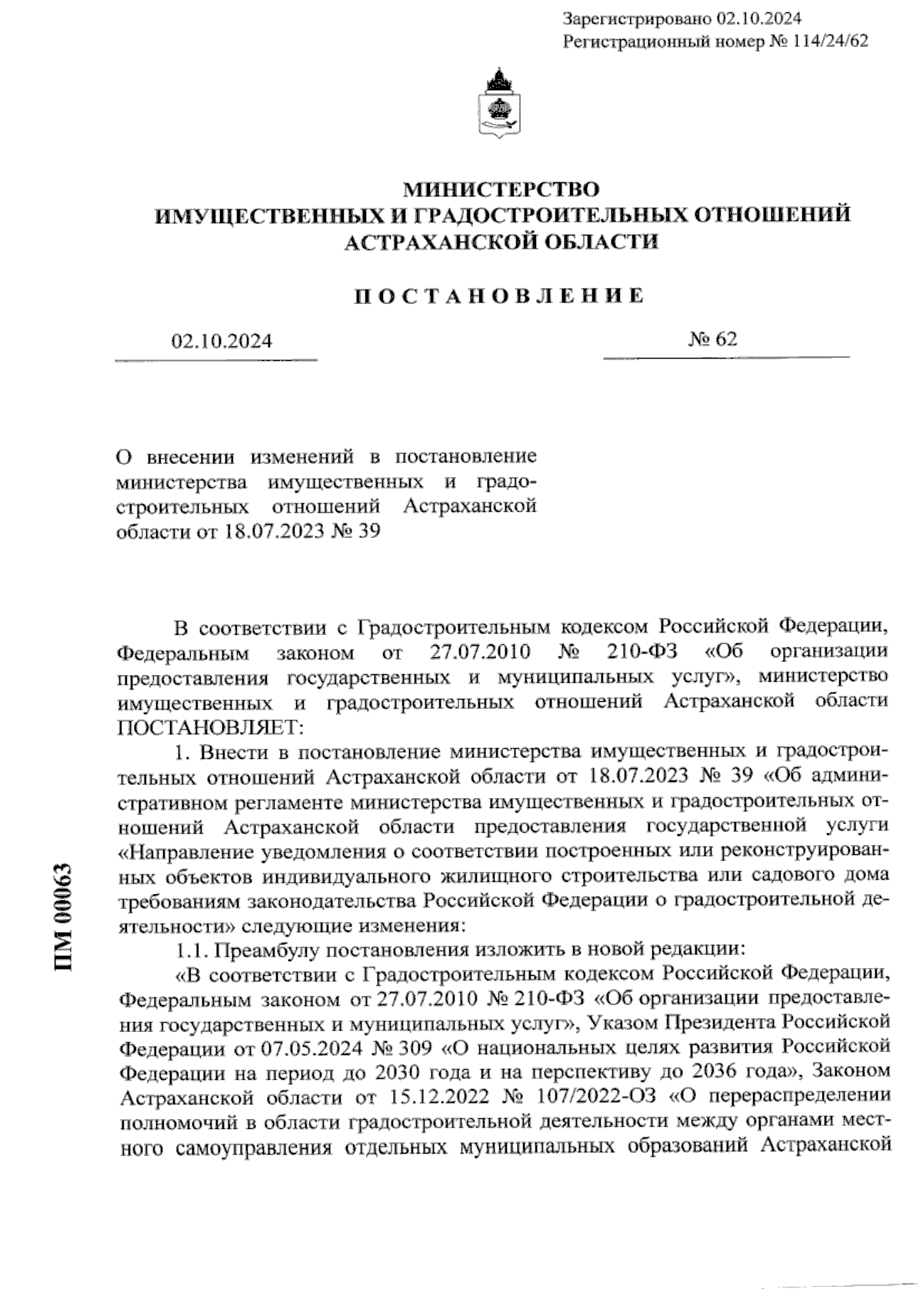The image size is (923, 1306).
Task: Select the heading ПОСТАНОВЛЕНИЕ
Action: point(499,296)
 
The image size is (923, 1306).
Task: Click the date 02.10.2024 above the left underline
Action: point(222,341)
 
